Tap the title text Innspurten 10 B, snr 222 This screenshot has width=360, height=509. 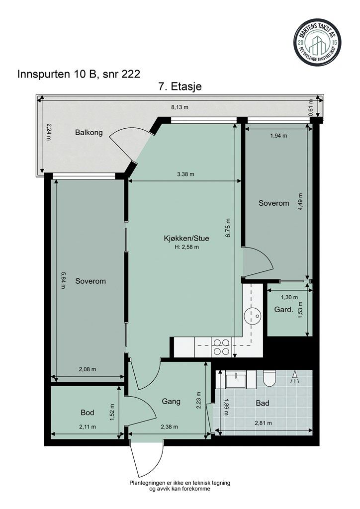(78, 75)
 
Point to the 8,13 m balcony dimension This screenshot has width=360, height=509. (179, 106)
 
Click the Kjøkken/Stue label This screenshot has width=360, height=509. (186, 238)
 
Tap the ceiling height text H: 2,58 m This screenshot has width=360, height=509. (186, 247)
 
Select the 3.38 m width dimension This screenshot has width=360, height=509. (185, 174)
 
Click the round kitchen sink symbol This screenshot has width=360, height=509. (253, 314)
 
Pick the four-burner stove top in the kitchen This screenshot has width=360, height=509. (221, 346)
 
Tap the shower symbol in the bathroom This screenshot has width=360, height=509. (295, 377)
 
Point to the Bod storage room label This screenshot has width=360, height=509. (88, 413)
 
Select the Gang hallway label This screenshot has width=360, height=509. (171, 401)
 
